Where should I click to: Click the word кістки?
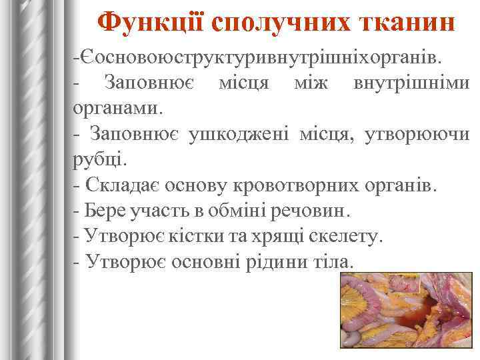click(196, 236)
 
